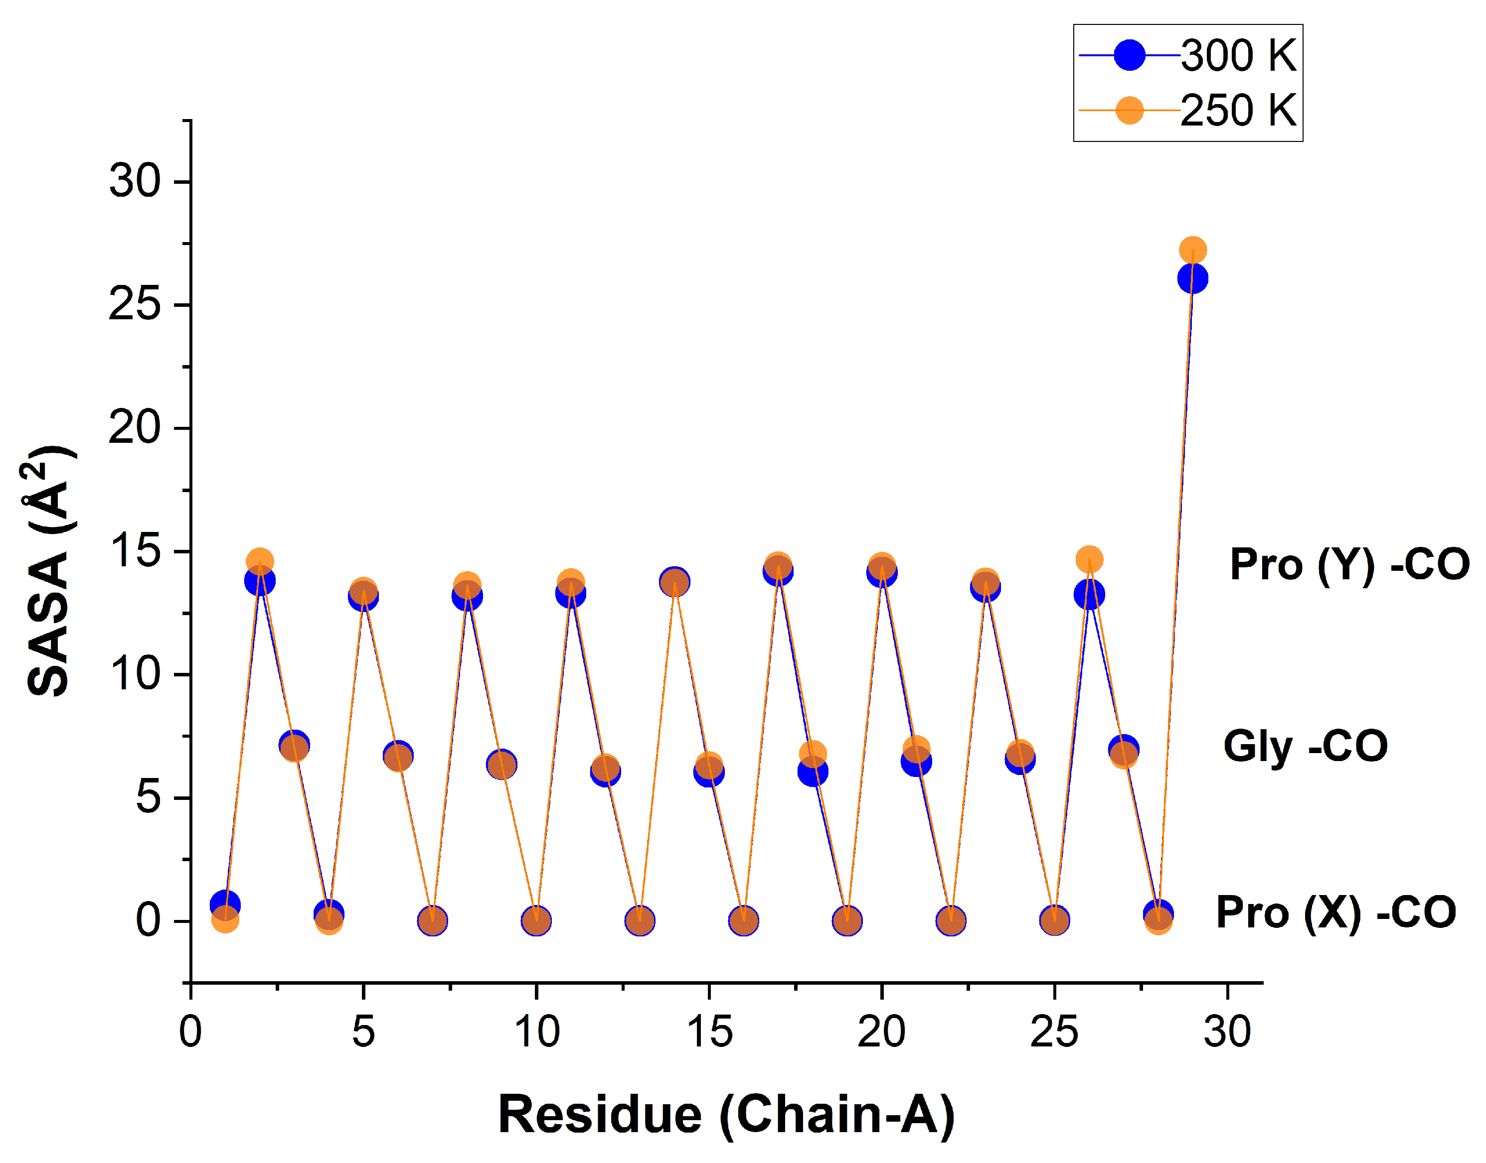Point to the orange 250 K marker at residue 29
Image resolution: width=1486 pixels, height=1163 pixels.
point(1192,250)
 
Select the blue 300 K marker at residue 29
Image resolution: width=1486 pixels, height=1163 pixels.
point(1192,278)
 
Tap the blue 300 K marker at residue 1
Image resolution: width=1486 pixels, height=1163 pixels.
point(225,905)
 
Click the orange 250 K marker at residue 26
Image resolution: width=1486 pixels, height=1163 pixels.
point(1089,559)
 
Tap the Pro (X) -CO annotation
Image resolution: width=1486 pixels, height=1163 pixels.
point(1335,912)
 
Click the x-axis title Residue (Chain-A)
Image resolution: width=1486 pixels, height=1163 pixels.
point(726,1115)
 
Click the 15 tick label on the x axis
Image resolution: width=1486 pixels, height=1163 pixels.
point(709,1032)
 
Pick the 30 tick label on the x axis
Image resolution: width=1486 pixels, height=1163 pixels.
point(1227,1032)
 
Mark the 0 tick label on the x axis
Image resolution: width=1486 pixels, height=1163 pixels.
point(191,1032)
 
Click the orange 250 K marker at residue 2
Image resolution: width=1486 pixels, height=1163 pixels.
point(260,562)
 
